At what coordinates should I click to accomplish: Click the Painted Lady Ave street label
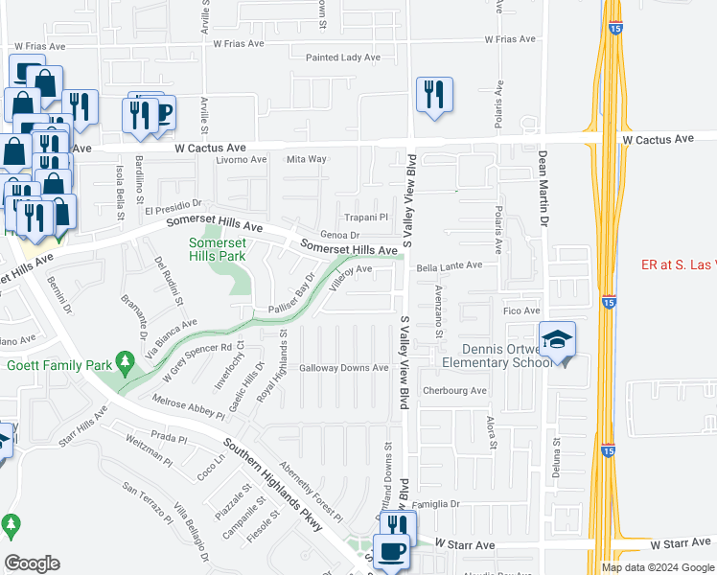coord(343,57)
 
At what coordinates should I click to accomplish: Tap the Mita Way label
coord(307,159)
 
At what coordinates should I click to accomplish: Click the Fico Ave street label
coord(523,311)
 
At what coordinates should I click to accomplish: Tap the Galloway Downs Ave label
coord(343,368)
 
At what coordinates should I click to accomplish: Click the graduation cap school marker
coord(557,339)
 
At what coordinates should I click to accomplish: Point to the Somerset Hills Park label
coord(217,250)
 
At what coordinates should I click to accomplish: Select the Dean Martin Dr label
coord(543,188)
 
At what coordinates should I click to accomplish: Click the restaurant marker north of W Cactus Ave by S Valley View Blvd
coord(434,95)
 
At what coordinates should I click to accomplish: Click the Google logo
coord(32,563)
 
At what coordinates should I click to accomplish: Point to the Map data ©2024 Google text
coord(658,567)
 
